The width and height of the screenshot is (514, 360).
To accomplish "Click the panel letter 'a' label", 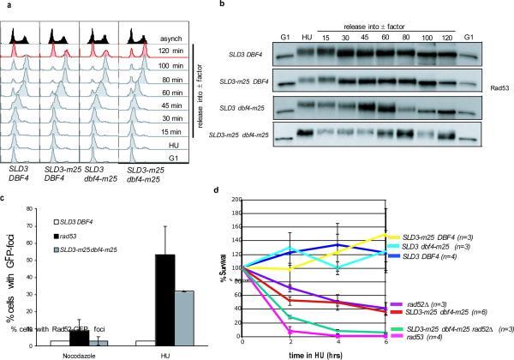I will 6,6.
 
